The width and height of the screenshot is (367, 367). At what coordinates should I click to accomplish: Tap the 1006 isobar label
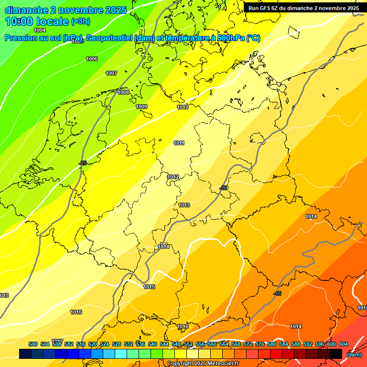click(x=92, y=59)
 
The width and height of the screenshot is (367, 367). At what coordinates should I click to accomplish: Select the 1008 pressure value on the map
click(x=123, y=92)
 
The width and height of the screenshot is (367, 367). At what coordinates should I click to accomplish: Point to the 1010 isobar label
click(x=183, y=107)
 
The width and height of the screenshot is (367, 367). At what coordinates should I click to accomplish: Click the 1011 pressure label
click(x=179, y=143)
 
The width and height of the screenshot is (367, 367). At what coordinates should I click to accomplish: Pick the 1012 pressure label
click(x=173, y=177)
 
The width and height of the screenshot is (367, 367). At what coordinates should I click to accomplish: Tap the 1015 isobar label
click(x=149, y=287)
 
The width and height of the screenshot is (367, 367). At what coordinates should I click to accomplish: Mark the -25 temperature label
click(x=83, y=163)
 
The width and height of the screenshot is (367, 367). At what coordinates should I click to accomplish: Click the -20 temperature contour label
click(x=223, y=188)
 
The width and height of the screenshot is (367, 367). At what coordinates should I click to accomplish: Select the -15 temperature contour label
click(x=277, y=293)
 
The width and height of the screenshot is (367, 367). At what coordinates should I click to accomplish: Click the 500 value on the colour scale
click(x=33, y=344)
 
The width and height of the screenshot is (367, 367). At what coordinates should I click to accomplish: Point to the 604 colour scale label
click(x=344, y=344)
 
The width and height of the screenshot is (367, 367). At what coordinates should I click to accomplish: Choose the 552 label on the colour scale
click(x=188, y=344)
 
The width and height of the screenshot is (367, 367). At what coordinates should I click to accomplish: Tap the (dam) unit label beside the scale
click(x=354, y=354)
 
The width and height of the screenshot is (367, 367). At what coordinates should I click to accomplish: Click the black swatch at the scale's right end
click(x=336, y=354)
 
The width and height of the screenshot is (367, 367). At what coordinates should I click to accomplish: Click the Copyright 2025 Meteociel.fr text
click(x=203, y=364)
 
